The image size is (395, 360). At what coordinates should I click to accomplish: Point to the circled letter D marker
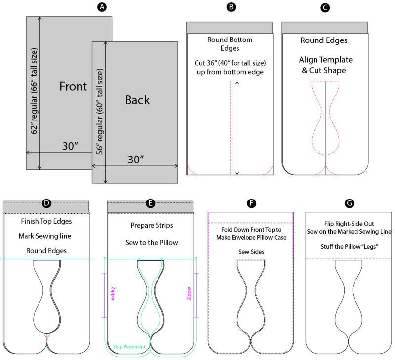tap(46, 202)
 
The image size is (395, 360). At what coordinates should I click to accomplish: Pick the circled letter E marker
tap(151, 202)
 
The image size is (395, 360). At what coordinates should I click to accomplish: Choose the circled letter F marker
tap(251, 202)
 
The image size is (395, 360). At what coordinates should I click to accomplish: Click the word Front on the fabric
tap(73, 86)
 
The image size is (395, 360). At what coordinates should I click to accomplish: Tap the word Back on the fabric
tap(137, 100)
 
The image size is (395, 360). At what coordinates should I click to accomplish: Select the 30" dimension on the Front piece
tap(71, 146)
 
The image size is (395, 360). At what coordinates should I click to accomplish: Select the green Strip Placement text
tap(129, 347)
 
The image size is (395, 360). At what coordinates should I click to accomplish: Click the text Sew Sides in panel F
tap(251, 251)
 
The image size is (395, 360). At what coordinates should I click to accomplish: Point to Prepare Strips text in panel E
tap(151, 226)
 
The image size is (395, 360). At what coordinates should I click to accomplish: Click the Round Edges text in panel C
tap(324, 40)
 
